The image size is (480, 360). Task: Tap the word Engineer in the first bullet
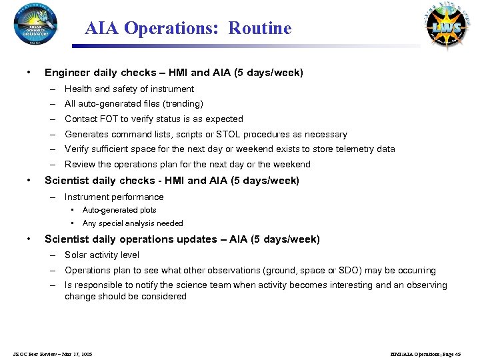click(x=65, y=72)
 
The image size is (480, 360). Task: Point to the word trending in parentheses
click(x=184, y=104)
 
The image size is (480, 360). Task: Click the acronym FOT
click(x=109, y=119)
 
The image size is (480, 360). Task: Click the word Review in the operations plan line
click(x=80, y=165)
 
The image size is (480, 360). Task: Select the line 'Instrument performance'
click(x=114, y=197)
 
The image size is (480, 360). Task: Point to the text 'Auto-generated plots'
click(x=119, y=210)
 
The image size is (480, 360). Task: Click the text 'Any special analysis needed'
click(x=133, y=223)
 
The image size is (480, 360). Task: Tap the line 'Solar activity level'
click(x=102, y=255)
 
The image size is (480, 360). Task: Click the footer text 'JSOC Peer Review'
click(x=39, y=354)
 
